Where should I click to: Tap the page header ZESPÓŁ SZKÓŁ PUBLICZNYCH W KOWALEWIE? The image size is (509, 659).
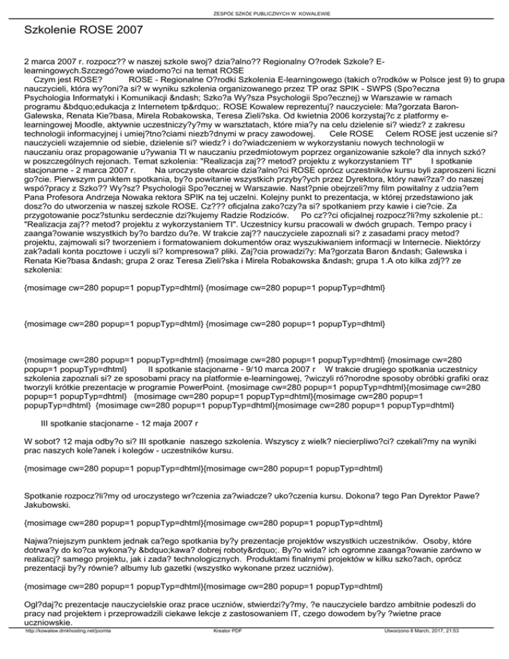(254, 13)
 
